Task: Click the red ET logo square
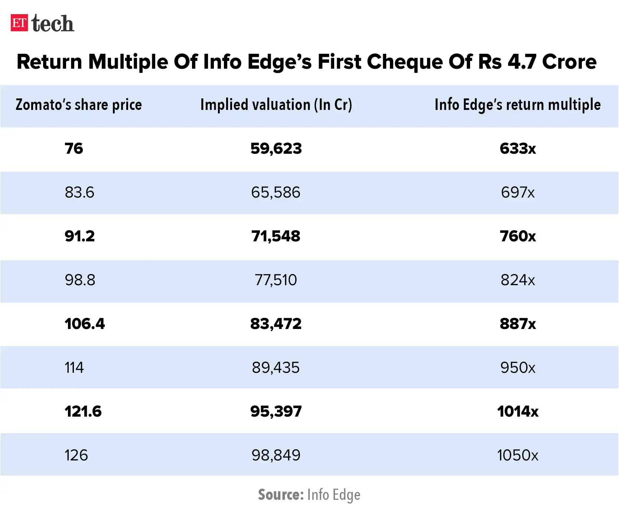[x=19, y=23]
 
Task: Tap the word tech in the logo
[x=53, y=24]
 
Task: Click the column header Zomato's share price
[x=79, y=105]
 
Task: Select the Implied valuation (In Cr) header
[x=276, y=105]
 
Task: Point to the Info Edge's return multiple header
[x=517, y=105]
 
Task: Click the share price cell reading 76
[x=74, y=149]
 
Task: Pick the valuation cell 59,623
[x=276, y=149]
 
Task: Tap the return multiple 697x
[x=518, y=192]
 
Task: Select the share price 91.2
[x=79, y=236]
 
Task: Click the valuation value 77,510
[x=276, y=280]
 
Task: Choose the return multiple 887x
[x=518, y=324]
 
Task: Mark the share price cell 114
[x=74, y=368]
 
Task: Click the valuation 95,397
[x=276, y=411]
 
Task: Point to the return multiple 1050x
[x=518, y=455]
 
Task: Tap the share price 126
[x=76, y=455]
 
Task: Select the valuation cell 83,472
[x=276, y=324]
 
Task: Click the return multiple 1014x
[x=518, y=411]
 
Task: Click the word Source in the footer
[x=281, y=495]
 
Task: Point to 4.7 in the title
[x=522, y=62]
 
